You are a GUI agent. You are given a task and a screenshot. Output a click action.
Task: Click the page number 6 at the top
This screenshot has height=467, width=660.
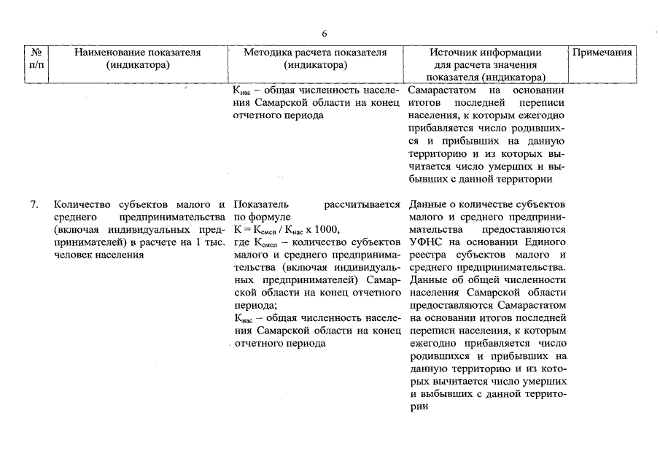[325, 34]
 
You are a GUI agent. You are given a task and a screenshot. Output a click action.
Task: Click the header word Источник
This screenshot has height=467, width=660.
[455, 53]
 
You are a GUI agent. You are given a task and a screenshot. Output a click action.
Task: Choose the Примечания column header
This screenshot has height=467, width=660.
[602, 53]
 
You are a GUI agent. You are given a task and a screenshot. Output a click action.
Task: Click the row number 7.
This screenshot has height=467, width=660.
[35, 205]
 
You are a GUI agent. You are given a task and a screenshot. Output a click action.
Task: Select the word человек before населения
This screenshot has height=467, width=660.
[72, 255]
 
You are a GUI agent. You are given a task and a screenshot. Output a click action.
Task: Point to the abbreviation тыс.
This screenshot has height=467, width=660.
[213, 242]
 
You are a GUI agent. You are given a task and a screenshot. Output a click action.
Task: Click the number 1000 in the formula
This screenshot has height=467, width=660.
[326, 230]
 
